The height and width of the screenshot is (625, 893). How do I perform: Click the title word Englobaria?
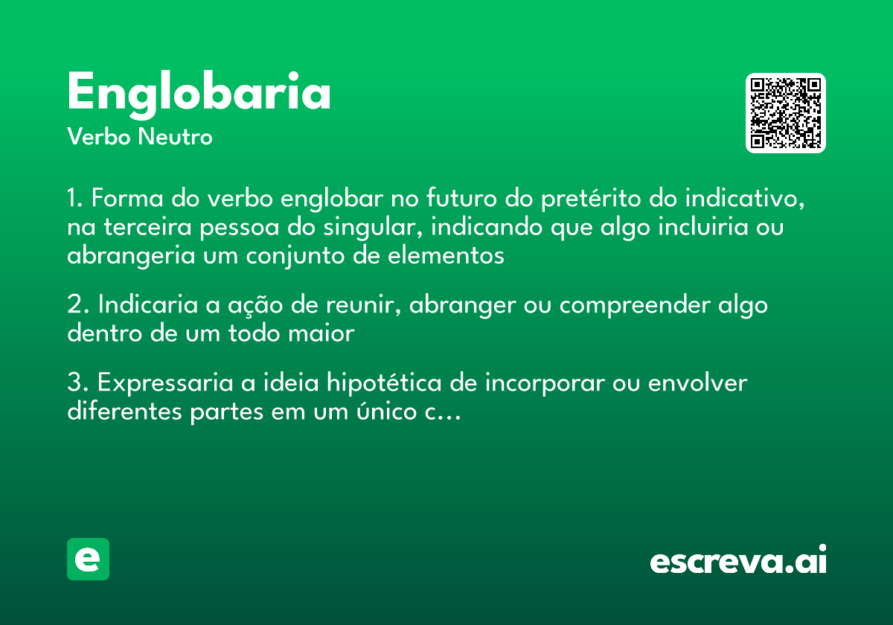click(199, 93)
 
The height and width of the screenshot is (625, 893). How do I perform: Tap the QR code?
click(786, 113)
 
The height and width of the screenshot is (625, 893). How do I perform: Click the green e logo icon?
click(88, 559)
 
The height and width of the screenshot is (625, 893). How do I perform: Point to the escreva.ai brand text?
click(738, 560)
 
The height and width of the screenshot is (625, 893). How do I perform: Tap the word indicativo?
click(744, 199)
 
